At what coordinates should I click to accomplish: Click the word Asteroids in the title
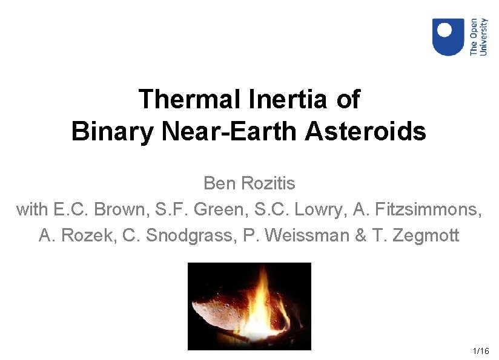[x=365, y=131]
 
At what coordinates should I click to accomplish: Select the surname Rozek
[x=86, y=235]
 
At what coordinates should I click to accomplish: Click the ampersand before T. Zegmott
[x=361, y=235]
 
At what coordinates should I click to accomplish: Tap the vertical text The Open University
[x=478, y=37]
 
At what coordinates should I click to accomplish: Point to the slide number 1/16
[x=481, y=351]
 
